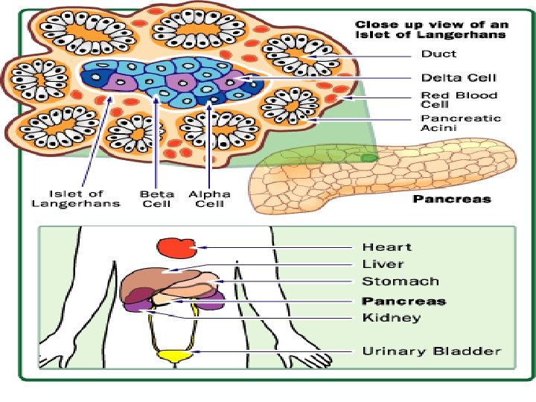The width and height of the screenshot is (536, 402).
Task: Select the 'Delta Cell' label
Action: pos(459,77)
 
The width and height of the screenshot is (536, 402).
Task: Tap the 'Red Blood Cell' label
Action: pos(459,100)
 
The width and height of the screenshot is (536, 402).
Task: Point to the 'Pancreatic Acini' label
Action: pos(461,123)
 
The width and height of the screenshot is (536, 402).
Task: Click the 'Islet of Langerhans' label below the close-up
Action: pos(76,199)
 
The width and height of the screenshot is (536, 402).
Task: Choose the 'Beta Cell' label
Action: pos(157,199)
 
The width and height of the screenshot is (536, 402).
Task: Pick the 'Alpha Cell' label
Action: pos(209,199)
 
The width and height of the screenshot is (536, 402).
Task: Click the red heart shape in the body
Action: pos(176,248)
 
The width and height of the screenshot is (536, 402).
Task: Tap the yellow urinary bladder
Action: pos(176,356)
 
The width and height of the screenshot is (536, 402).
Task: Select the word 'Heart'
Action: pos(387,247)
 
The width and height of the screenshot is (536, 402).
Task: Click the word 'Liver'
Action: pos(383,264)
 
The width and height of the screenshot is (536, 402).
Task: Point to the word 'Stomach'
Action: pos(401,281)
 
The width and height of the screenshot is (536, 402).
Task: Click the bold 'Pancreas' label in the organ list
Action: pos(404,301)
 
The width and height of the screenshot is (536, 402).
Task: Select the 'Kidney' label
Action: pos(392,318)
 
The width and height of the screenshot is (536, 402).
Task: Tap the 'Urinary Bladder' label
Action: pos(431,351)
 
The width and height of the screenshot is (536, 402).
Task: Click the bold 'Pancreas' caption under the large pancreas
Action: pos(452,199)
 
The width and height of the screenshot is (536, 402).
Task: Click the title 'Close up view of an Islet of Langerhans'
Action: pos(432,30)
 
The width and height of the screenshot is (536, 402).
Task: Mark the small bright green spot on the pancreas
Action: pos(369,158)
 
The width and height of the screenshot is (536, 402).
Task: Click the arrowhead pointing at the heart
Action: pos(202,247)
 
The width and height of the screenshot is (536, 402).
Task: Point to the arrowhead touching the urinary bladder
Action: pos(195,351)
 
